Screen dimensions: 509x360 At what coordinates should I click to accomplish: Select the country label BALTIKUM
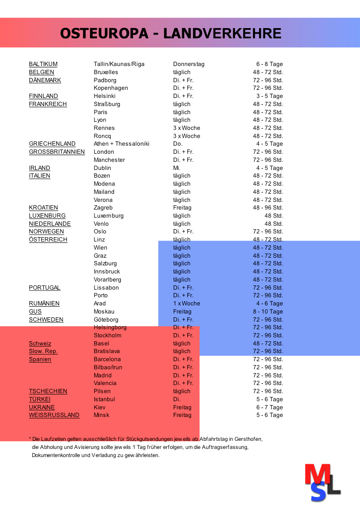(x=43, y=64)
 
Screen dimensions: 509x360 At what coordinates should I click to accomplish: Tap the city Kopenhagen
(x=111, y=88)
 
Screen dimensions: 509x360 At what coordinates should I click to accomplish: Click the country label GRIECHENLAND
(x=52, y=144)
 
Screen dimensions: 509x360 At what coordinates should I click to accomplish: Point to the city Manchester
(x=109, y=160)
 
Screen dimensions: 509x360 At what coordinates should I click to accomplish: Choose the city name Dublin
(x=102, y=168)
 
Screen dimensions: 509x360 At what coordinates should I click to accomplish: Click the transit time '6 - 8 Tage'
(x=269, y=64)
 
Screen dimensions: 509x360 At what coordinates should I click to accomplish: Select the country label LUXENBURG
(x=47, y=216)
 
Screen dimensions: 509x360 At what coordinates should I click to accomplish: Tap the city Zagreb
(x=103, y=208)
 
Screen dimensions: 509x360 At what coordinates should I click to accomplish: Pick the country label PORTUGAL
(x=45, y=288)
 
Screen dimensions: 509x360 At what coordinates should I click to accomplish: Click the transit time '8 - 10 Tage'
(x=267, y=312)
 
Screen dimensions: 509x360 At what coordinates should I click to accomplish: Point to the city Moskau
(x=104, y=312)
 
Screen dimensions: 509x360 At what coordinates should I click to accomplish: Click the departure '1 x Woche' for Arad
(x=186, y=304)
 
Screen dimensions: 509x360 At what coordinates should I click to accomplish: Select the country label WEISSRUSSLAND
(x=54, y=415)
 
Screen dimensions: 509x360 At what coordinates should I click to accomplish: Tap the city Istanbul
(x=104, y=400)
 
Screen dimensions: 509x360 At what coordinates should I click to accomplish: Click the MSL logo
(x=323, y=483)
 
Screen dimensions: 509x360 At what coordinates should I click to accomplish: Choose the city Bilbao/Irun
(x=108, y=368)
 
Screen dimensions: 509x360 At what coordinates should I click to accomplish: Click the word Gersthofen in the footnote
(x=249, y=439)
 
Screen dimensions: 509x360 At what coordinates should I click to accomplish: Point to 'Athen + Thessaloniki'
(x=121, y=144)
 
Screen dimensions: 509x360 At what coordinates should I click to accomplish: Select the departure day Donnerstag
(x=189, y=64)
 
